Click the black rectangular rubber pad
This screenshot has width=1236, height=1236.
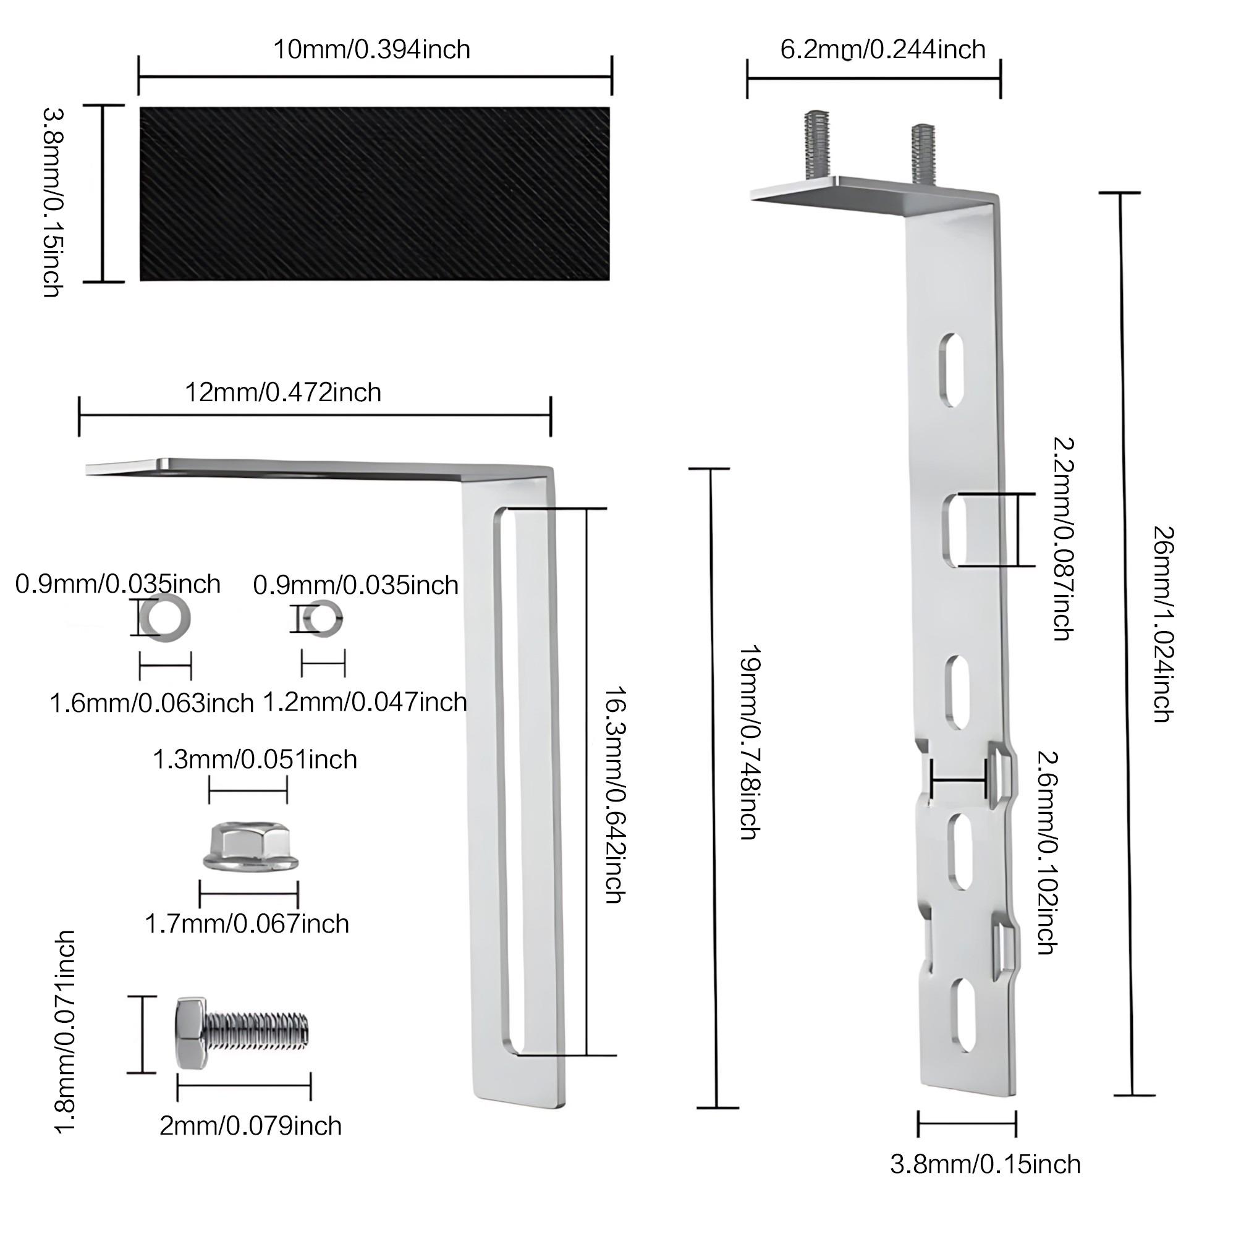coord(375,193)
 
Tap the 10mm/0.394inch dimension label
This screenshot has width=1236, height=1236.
coord(371,49)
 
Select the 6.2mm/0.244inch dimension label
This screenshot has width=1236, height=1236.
coord(883,49)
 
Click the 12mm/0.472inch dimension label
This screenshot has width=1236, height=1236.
coord(283,392)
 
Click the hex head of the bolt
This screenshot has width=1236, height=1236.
coord(190,1033)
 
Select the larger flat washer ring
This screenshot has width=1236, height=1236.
coord(165,619)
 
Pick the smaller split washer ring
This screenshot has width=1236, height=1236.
coord(324,619)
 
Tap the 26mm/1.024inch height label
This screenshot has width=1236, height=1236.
coord(1163,624)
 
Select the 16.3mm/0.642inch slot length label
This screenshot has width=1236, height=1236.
coord(615,795)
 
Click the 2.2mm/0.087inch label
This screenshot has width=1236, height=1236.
coord(1062,539)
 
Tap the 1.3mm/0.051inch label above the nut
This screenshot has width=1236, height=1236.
coord(255,760)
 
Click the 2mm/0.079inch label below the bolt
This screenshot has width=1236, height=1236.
coord(250,1125)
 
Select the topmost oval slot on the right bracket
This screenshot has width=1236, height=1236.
coord(951,369)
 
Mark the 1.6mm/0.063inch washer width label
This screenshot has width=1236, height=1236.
coord(151,703)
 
